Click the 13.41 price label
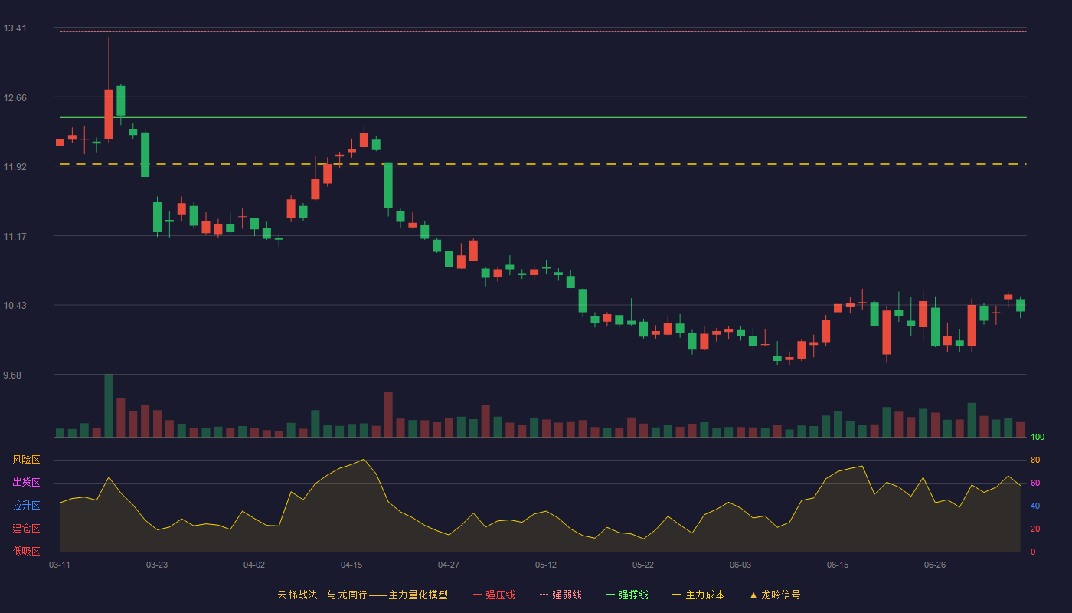15,28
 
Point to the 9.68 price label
12,375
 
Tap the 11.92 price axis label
15,167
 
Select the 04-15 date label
351,565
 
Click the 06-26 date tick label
935,565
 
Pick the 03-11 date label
60,565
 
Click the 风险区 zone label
26,460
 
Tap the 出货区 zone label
26,482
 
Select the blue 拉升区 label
26,505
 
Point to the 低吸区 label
26,551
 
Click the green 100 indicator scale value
1038,437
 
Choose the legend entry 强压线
494,595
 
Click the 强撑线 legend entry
627,595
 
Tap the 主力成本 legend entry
698,595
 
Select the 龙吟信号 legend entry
775,595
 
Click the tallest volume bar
109,405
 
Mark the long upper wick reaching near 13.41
109,63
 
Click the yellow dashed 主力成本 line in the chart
543,164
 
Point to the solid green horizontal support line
543,117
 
